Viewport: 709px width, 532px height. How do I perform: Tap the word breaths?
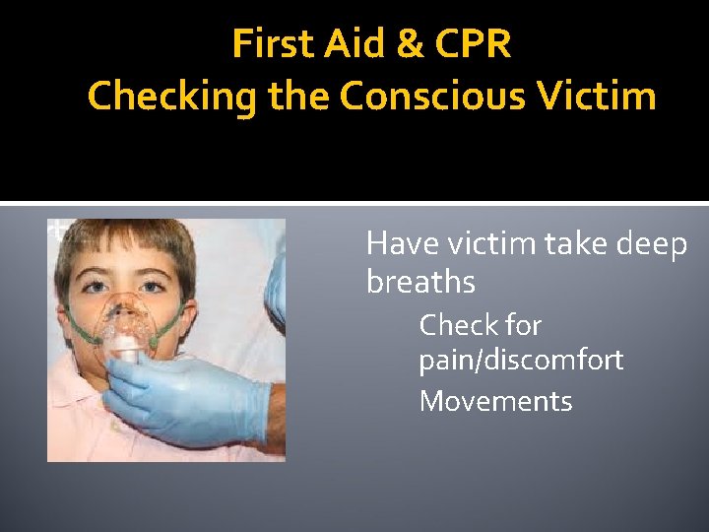(420, 283)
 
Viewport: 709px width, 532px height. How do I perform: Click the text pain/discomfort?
(521, 361)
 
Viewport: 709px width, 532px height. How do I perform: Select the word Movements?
(495, 401)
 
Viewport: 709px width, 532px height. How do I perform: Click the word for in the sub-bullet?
(523, 324)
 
